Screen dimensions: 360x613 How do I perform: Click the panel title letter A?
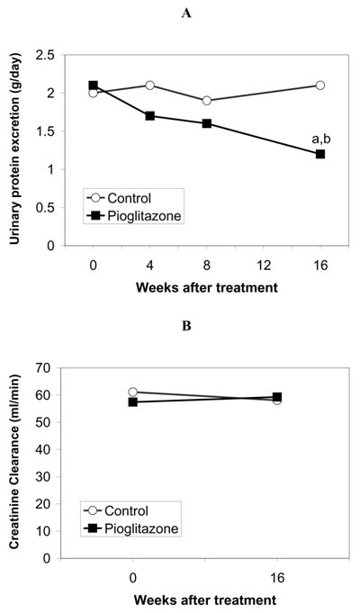pyautogui.click(x=186, y=14)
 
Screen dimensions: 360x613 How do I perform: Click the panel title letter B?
pyautogui.click(x=186, y=326)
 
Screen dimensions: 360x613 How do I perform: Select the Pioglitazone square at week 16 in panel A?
pyautogui.click(x=320, y=154)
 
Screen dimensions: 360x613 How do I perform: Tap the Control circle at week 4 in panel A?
pyautogui.click(x=149, y=86)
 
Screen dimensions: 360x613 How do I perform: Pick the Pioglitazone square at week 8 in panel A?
pyautogui.click(x=207, y=123)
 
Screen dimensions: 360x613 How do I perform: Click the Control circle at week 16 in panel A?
pyautogui.click(x=320, y=86)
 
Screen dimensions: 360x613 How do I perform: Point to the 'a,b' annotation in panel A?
pyautogui.click(x=320, y=139)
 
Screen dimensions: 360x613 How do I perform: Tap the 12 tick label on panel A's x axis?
pyautogui.click(x=264, y=266)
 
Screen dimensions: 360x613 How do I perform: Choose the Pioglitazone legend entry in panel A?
pyautogui.click(x=133, y=215)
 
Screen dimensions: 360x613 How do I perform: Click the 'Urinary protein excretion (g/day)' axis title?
pyautogui.click(x=14, y=149)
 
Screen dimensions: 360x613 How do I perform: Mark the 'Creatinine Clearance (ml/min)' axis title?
pyautogui.click(x=14, y=461)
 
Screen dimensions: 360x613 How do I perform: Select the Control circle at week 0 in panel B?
pyautogui.click(x=133, y=392)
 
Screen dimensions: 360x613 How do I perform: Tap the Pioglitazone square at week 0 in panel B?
pyautogui.click(x=133, y=401)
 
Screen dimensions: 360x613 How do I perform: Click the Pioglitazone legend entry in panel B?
pyautogui.click(x=130, y=528)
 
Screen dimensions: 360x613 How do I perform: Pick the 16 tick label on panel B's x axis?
pyautogui.click(x=276, y=578)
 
